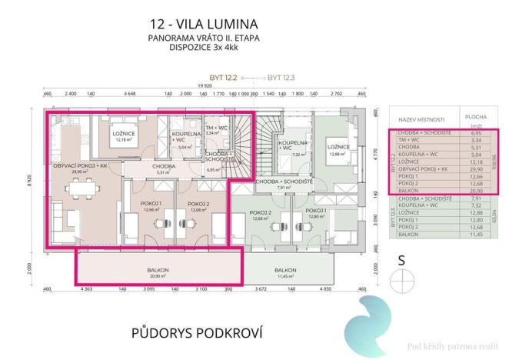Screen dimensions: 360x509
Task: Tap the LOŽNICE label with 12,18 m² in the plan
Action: pyautogui.click(x=124, y=136)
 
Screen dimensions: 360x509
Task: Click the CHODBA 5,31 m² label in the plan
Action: pyautogui.click(x=161, y=168)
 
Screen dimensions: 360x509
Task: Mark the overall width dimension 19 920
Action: pyautogui.click(x=204, y=87)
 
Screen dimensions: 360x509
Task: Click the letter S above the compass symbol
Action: pyautogui.click(x=401, y=260)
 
